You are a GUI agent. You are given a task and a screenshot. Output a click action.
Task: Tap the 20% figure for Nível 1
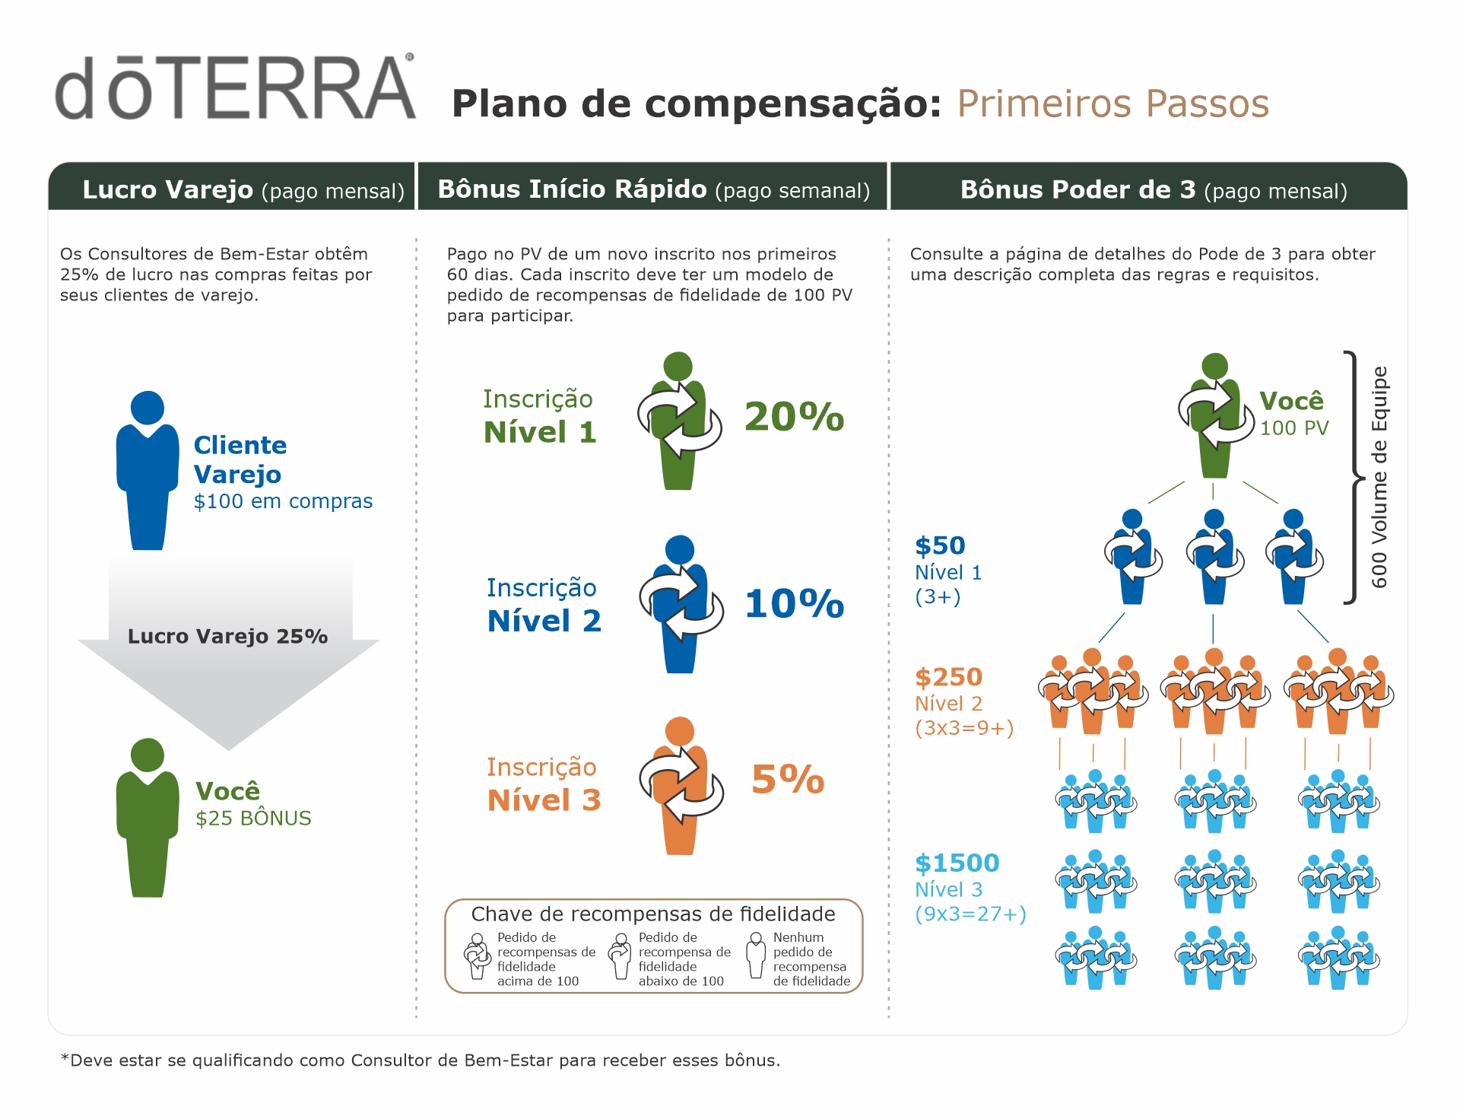coord(794,417)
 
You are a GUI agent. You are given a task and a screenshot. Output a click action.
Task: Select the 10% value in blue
coord(794,604)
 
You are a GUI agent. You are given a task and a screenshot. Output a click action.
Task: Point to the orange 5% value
coord(788,780)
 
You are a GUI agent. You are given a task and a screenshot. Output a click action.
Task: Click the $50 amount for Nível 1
coord(940,545)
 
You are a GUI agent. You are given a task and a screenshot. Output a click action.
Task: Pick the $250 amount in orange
coord(948,677)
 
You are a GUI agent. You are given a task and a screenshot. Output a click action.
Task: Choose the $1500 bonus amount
coord(957,863)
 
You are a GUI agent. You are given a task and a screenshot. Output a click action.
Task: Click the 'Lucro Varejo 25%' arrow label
coord(227,636)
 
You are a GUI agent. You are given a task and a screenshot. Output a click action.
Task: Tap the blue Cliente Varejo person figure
coord(148,472)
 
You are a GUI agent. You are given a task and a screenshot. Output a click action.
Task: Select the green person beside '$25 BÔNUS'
coord(148,818)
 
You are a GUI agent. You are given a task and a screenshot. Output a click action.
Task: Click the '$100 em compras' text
coord(283,501)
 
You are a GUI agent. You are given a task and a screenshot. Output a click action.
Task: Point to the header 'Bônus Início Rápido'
coord(572,189)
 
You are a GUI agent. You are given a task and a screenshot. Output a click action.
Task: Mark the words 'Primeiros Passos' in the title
coord(1112,103)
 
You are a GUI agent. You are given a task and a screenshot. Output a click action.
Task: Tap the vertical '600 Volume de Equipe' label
coord(1379,477)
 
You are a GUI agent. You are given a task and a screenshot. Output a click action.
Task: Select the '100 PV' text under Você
coord(1294,428)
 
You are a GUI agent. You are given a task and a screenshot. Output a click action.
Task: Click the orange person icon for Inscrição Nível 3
coord(680,787)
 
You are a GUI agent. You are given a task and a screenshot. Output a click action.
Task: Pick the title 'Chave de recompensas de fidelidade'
coord(653,914)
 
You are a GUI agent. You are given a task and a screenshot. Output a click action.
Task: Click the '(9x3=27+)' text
coord(970,914)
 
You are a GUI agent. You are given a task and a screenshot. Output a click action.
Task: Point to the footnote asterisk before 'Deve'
coord(65,1058)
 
